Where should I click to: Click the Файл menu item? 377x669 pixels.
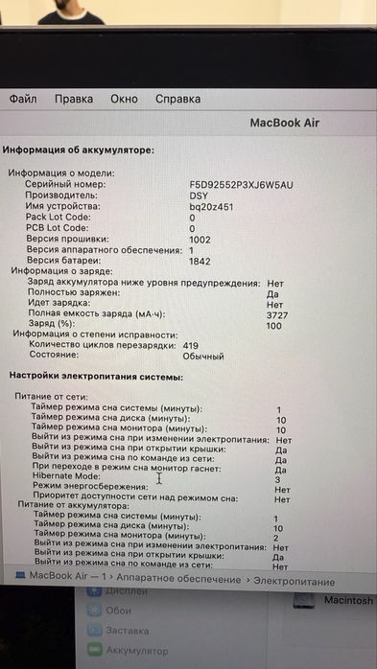[23, 99]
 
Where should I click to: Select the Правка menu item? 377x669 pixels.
[74, 99]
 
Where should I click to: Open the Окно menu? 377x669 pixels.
[124, 99]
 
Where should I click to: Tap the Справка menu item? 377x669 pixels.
[177, 99]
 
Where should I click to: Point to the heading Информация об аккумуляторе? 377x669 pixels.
[78, 150]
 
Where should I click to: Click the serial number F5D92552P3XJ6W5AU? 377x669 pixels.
[241, 183]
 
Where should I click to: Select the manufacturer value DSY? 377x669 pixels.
[199, 195]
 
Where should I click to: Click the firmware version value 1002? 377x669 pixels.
[200, 240]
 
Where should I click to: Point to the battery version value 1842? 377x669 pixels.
[200, 261]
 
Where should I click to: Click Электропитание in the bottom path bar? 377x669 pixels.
[295, 581]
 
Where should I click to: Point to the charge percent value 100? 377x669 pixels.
[274, 325]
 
